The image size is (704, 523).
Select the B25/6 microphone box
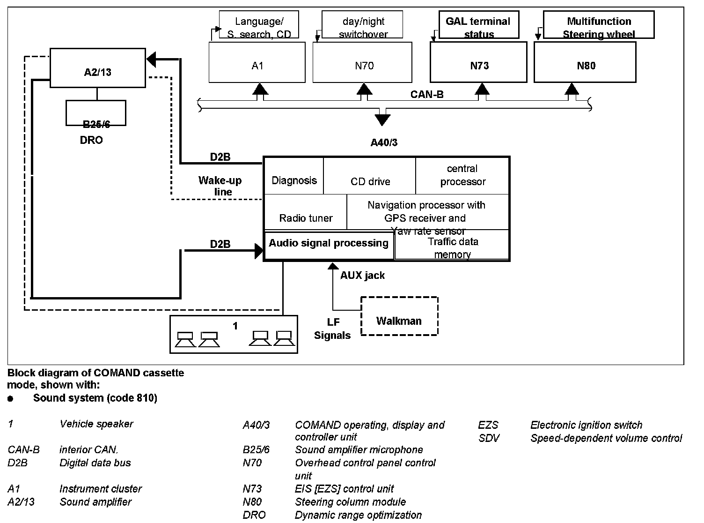point(96,113)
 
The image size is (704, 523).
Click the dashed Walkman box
point(399,316)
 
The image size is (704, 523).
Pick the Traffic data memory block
point(452,248)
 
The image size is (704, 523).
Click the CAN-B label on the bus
point(427,95)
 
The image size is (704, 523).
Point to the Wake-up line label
point(220,186)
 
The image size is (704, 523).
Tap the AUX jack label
point(362,276)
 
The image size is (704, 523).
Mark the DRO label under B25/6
point(91,140)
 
